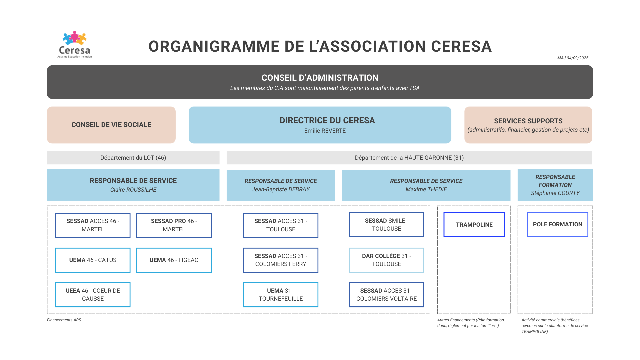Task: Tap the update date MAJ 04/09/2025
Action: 573,58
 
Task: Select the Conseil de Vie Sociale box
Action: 111,125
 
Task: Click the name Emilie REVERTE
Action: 325,131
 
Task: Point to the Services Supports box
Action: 528,125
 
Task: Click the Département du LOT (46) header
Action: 133,158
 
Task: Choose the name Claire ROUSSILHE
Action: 133,190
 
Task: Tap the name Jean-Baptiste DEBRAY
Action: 281,189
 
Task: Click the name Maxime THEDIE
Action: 426,189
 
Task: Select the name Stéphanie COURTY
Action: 555,193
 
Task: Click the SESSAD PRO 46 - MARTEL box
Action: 174,225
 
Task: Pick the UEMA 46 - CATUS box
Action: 93,260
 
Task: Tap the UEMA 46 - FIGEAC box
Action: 174,260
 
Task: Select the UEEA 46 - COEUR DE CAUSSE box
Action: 93,295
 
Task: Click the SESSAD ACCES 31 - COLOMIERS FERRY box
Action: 281,260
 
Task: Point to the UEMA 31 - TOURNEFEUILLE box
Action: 281,295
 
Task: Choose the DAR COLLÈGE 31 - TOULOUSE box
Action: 387,260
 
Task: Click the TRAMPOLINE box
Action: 474,225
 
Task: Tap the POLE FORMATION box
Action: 558,224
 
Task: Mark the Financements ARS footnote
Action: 64,320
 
